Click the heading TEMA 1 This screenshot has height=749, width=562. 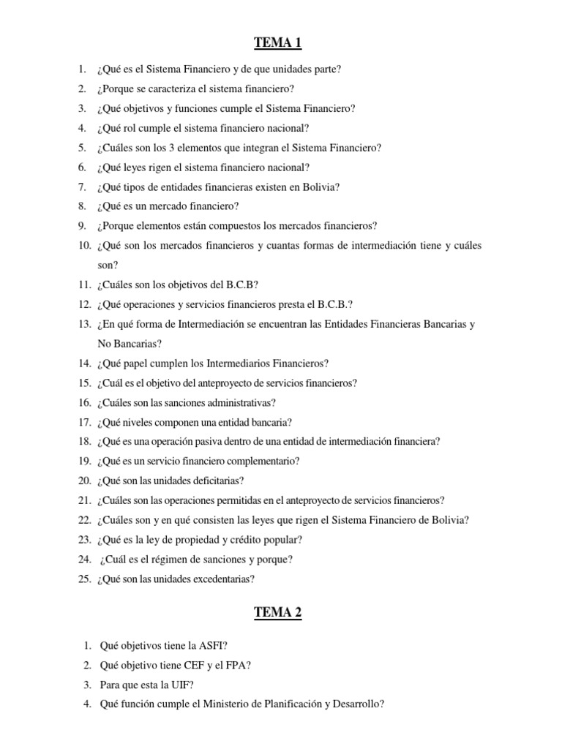[x=277, y=43]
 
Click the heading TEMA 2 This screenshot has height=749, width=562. [x=277, y=613]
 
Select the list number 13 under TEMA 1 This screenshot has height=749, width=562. [x=83, y=323]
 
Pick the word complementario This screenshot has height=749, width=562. [x=254, y=461]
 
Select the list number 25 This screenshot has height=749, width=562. [x=83, y=579]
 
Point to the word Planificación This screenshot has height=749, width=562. [x=305, y=704]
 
